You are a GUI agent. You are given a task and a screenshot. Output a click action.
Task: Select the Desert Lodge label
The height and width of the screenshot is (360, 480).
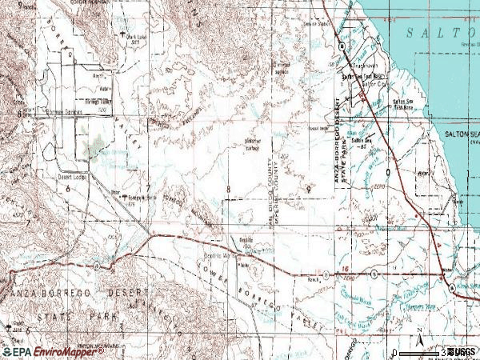pos(73,178)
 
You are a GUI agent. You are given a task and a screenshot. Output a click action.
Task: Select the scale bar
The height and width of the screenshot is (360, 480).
pos(420,351)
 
